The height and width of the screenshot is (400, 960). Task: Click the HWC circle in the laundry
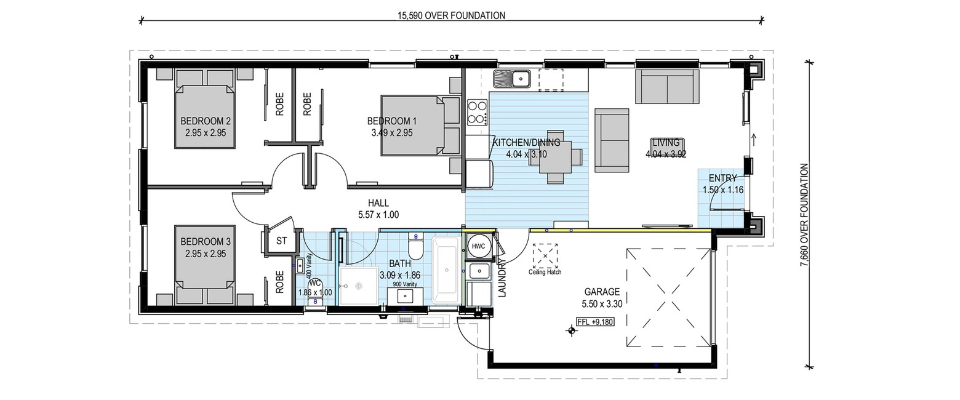pos(478,247)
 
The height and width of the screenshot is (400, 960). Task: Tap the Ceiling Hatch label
pos(545,272)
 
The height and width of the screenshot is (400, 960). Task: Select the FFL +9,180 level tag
pos(596,321)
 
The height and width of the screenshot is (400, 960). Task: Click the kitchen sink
pos(512,79)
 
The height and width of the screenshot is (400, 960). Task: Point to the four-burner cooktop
pos(478,112)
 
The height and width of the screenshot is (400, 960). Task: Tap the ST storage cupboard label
pos(281,241)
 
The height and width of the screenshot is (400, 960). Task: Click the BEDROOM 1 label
pos(392,121)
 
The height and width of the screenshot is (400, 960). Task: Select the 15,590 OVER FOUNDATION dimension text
pos(451,16)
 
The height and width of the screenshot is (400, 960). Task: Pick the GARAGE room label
pos(602,292)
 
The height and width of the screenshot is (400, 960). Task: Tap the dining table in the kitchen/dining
pos(556,156)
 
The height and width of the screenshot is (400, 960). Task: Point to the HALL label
pos(378,203)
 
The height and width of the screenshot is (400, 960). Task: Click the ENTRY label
pos(722,178)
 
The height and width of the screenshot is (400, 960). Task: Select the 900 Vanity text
pos(405,284)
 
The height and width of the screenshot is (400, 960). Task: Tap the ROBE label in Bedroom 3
pos(280,282)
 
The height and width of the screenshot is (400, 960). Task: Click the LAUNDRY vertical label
pos(503,277)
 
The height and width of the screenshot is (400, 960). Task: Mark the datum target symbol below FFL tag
pos(571,330)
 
